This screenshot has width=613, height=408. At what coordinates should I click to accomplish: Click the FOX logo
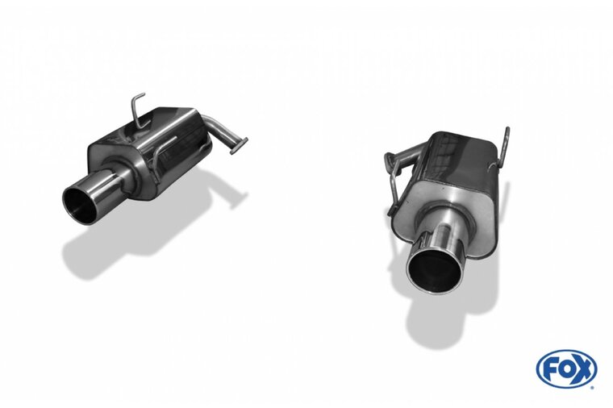click(x=566, y=369)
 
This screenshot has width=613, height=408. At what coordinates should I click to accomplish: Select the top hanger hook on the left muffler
click(x=137, y=107)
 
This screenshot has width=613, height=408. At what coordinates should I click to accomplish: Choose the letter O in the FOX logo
click(x=566, y=370)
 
